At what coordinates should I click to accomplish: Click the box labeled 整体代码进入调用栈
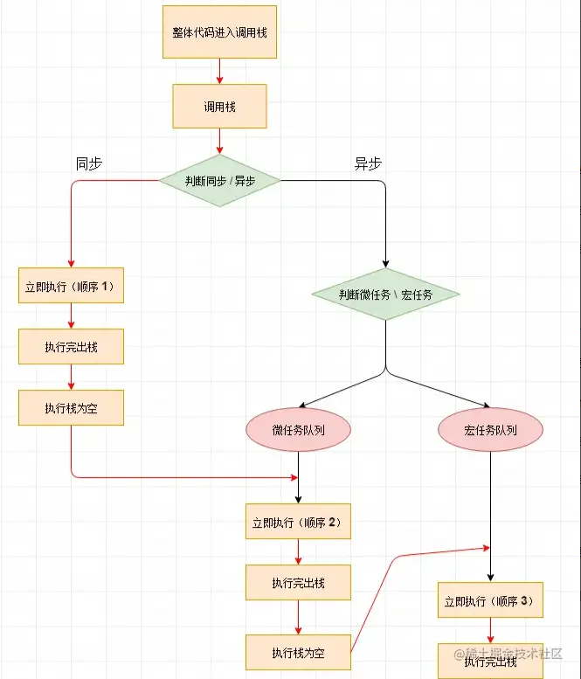coord(219,32)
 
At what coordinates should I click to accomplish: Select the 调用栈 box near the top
coord(219,107)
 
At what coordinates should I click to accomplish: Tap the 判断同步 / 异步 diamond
coord(219,181)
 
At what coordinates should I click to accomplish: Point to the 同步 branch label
coord(89,163)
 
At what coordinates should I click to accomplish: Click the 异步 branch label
coord(367,163)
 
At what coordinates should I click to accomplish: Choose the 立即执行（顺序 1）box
coord(71,286)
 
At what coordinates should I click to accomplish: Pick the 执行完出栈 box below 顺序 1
coord(71,347)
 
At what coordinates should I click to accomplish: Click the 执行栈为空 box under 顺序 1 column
coord(71,407)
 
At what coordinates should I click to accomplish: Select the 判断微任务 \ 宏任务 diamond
coord(385,294)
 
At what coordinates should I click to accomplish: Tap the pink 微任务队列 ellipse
coord(299,430)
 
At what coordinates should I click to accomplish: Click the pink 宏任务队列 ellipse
coord(490,430)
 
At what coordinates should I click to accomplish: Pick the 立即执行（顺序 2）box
coord(299,523)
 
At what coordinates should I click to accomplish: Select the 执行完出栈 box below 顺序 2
coord(299,583)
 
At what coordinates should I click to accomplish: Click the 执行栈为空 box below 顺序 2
coord(299,652)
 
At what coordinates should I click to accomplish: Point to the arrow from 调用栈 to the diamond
coord(219,140)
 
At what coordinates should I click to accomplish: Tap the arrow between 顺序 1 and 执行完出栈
coord(71,316)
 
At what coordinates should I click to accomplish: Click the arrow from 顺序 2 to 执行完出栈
coord(299,552)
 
